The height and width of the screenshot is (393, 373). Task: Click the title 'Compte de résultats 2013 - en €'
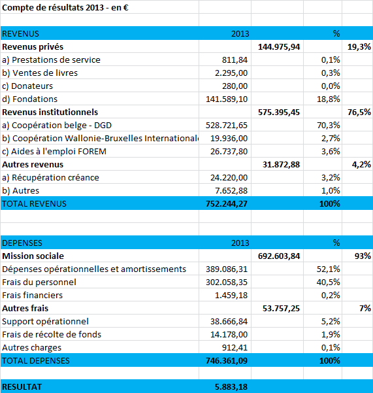[65, 7]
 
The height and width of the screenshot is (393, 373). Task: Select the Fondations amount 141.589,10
[227, 99]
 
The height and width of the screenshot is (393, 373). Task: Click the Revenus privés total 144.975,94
[279, 47]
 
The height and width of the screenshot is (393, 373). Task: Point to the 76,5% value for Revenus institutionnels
[359, 112]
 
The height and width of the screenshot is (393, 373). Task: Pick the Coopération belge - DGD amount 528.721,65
[227, 126]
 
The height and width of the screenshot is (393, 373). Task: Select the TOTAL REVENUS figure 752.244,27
[227, 204]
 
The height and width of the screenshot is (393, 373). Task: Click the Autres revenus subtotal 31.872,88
[281, 165]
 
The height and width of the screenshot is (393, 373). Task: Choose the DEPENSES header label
[22, 243]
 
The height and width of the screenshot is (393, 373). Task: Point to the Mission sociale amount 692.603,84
[279, 256]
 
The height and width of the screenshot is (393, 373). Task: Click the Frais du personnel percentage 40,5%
[328, 282]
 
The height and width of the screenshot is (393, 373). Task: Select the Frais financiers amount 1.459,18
[231, 296]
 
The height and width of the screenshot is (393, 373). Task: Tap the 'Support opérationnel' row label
[45, 322]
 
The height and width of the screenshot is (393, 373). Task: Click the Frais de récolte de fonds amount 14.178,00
[229, 335]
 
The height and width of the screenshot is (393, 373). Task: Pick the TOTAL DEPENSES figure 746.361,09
[227, 361]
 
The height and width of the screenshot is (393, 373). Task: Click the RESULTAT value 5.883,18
[231, 386]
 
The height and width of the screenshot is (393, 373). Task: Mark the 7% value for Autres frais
[365, 308]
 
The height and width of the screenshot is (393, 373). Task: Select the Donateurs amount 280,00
[235, 86]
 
